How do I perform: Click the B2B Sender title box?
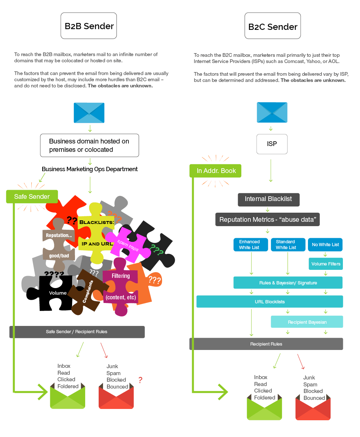pyautogui.click(x=88, y=26)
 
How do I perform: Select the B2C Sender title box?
pyautogui.click(x=273, y=26)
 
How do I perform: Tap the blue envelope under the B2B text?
pyautogui.click(x=89, y=113)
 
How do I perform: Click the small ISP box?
pyautogui.click(x=272, y=144)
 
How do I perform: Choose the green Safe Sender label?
pyautogui.click(x=32, y=197)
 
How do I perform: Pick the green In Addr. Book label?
pyautogui.click(x=215, y=170)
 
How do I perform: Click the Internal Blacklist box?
pyautogui.click(x=268, y=199)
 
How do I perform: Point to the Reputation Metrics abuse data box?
pyautogui.click(x=268, y=220)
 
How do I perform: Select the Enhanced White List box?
pyautogui.click(x=250, y=245)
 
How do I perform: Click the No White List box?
pyautogui.click(x=325, y=245)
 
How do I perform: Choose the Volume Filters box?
pyautogui.click(x=326, y=264)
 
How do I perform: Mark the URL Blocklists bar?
pyautogui.click(x=269, y=302)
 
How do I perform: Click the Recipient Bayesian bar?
pyautogui.click(x=307, y=322)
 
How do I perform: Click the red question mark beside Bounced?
pyautogui.click(x=140, y=380)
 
